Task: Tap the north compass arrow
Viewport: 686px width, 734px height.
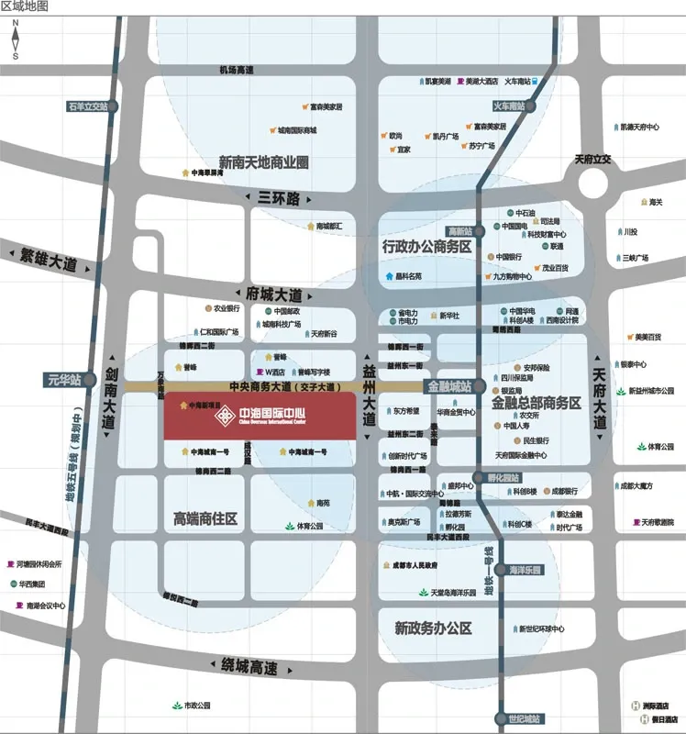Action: [16, 39]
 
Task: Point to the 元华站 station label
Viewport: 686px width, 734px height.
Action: [64, 379]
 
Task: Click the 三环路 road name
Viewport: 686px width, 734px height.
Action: [279, 198]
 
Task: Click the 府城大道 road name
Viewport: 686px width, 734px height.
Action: [273, 295]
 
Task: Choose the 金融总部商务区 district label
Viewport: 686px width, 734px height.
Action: [537, 403]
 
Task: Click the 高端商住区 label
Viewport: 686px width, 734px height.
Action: [205, 519]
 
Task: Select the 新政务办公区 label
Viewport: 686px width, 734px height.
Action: [433, 628]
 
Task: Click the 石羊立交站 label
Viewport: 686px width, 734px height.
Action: [88, 106]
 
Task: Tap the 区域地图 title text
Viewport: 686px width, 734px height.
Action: [25, 6]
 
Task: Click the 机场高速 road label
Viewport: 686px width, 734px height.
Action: [236, 71]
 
